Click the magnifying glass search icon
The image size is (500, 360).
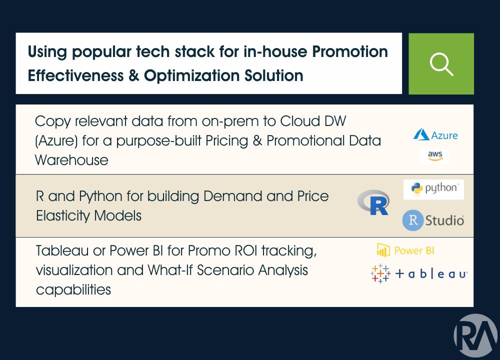coord(441,64)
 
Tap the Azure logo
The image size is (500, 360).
coord(435,135)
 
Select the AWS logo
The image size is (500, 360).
coord(435,156)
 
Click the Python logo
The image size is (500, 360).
coord(433,188)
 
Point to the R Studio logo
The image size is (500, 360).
coord(433,220)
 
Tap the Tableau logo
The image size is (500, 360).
coord(419,274)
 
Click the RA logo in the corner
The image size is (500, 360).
coord(475,335)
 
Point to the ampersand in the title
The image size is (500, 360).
coord(132,76)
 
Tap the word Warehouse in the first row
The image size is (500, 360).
coord(71,160)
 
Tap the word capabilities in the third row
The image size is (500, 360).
coord(73,289)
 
